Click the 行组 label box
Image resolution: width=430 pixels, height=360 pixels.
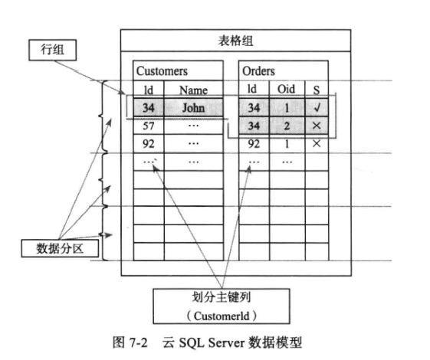pos(53,50)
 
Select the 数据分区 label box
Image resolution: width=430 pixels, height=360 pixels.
pos(60,248)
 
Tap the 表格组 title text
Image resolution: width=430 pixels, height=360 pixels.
pos(235,41)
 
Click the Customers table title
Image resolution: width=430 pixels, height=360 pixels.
pos(162,71)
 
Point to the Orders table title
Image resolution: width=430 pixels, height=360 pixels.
pos(258,71)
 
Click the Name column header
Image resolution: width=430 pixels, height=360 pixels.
pos(193,90)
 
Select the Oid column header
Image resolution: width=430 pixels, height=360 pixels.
pos(286,89)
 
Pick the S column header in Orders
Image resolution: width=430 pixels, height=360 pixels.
pos(317,90)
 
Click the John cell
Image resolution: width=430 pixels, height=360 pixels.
pos(194,108)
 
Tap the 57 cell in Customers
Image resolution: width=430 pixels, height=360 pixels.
pos(149,126)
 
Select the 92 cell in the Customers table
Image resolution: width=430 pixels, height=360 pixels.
pos(149,144)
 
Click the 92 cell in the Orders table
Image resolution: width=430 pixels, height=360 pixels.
pos(254,144)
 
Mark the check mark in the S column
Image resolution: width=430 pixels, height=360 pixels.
pos(317,107)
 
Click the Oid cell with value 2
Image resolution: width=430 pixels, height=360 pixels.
pos(287,126)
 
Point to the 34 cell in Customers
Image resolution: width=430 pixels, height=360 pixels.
pos(149,108)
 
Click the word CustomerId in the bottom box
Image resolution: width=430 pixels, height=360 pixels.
pos(222,316)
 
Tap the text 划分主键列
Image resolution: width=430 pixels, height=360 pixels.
pos(221,297)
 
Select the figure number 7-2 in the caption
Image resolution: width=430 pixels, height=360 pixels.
pos(139,342)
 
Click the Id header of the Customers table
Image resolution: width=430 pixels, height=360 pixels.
pos(149,90)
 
